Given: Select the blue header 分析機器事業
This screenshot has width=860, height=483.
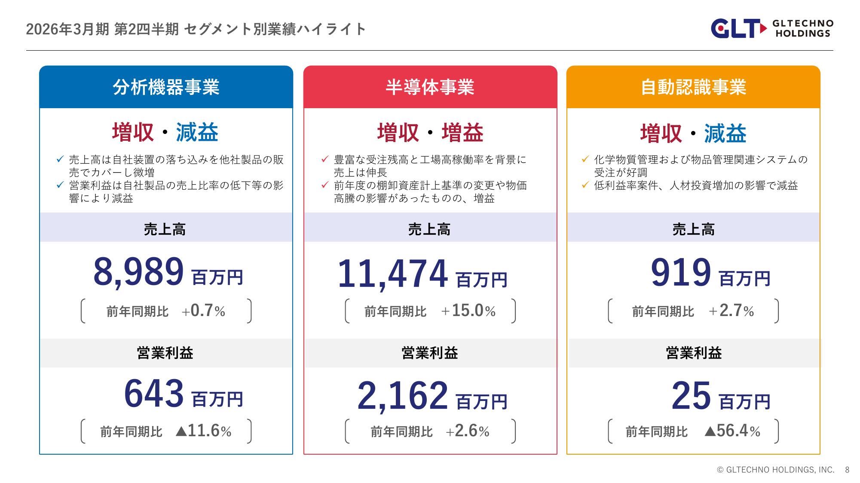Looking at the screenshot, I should coord(166,87).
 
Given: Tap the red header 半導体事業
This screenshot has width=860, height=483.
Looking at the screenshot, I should coord(430,87).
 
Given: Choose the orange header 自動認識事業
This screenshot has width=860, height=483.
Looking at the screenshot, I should coord(693,87).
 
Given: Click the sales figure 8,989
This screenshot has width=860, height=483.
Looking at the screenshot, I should coord(138,272).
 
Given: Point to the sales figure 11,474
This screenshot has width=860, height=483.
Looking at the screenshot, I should coord(393,274).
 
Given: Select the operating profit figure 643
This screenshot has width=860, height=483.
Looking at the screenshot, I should coord(154,394).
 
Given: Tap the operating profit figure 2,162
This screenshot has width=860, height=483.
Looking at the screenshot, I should coord(403,396).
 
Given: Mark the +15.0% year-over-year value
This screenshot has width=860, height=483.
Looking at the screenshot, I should coord(468,311).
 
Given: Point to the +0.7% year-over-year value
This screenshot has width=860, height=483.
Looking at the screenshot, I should coord(203,311).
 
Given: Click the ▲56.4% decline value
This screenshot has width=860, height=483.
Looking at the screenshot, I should coord(732,431).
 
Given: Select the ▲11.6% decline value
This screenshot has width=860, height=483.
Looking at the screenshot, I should coord(204,431).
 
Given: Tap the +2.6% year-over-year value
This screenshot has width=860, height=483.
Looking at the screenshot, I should coord(468,431).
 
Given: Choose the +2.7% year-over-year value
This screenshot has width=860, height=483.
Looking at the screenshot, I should coord(731,311).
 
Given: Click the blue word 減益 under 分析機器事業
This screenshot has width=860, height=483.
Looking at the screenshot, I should coord(197,132).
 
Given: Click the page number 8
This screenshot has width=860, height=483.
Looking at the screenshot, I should coord(847,470).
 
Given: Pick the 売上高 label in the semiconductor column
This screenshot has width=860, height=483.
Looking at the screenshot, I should coord(429,229).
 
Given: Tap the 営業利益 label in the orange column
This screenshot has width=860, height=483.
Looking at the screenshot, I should coord(694,353).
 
